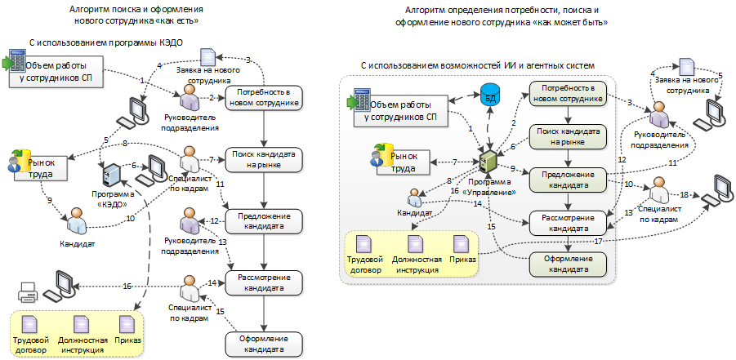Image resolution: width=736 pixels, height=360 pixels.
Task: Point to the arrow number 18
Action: pos(685,195)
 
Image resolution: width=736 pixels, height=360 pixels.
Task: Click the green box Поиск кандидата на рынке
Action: pos(569,136)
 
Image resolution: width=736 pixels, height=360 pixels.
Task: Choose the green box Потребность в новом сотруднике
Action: pos(569,94)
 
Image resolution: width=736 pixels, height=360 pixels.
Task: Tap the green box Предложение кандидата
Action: pos(569,179)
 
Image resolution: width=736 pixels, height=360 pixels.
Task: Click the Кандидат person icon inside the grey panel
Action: pos(415,198)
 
